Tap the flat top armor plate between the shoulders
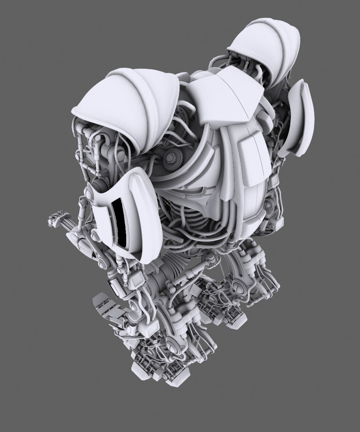[224, 96]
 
